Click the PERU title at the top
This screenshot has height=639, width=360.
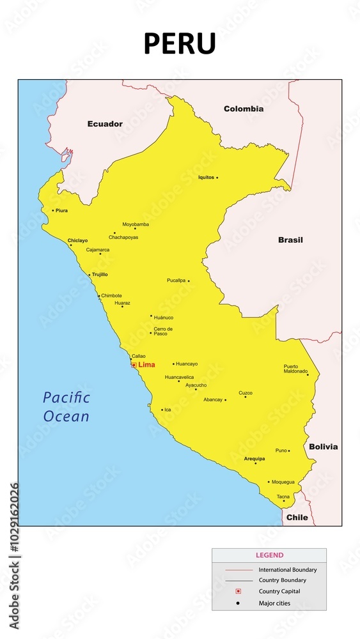click(180, 44)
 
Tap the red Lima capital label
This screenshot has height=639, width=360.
click(146, 365)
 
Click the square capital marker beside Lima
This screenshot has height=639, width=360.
click(134, 365)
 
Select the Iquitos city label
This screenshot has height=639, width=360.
click(206, 177)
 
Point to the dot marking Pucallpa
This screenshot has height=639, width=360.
click(189, 281)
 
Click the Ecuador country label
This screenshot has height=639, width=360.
click(105, 124)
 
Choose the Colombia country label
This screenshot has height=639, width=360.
click(243, 109)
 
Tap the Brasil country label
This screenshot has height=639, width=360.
click(290, 240)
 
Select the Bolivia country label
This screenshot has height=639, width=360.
click(323, 447)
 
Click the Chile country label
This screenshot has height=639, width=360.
click(297, 517)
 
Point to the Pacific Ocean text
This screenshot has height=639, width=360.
click(67, 406)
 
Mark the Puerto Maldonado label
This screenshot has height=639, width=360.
click(295, 369)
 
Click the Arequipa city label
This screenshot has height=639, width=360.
click(254, 459)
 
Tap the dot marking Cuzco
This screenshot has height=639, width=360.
click(246, 397)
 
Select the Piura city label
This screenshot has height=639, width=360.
click(61, 210)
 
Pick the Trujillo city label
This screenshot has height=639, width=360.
click(100, 274)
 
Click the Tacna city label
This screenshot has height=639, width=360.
click(283, 497)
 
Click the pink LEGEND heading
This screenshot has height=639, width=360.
click(269, 555)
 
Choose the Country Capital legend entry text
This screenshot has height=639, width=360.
click(279, 591)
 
